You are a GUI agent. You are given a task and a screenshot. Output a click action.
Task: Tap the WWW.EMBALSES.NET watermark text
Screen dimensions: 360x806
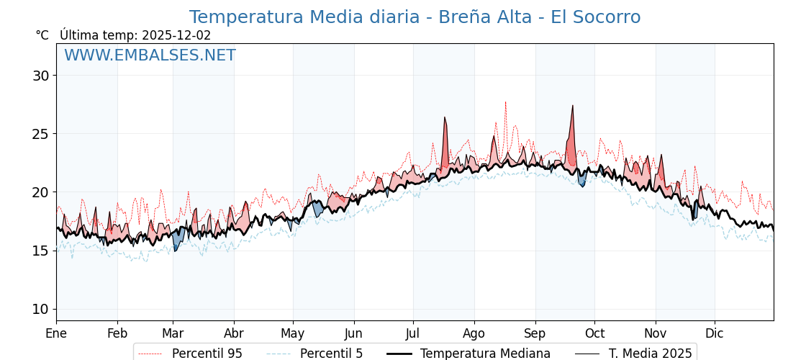[150, 55]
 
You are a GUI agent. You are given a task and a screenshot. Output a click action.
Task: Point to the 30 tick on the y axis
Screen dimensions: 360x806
[41, 76]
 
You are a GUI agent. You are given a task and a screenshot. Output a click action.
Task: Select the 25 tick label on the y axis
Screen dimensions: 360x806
[41, 134]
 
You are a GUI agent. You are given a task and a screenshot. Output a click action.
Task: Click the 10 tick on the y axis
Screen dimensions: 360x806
[41, 310]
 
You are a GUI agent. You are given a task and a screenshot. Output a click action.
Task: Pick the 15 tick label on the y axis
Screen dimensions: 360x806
[41, 251]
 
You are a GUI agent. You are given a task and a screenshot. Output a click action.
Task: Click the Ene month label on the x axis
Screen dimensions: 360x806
[56, 333]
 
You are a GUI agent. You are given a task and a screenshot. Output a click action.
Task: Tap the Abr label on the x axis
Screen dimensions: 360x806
[234, 333]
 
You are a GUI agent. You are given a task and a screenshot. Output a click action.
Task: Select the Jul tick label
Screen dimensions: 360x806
[413, 333]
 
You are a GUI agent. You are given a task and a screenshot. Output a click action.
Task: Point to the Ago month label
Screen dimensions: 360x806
[474, 333]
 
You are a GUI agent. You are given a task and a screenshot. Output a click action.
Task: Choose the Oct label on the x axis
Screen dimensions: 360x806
[594, 333]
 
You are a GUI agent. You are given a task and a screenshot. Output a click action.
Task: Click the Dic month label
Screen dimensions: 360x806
[715, 333]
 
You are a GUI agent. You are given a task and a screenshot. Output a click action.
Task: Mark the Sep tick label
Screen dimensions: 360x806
[535, 333]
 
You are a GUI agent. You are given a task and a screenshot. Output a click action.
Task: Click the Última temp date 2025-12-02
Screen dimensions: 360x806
[176, 35]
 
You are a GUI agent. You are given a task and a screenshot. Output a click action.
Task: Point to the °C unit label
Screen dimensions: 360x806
[42, 35]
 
